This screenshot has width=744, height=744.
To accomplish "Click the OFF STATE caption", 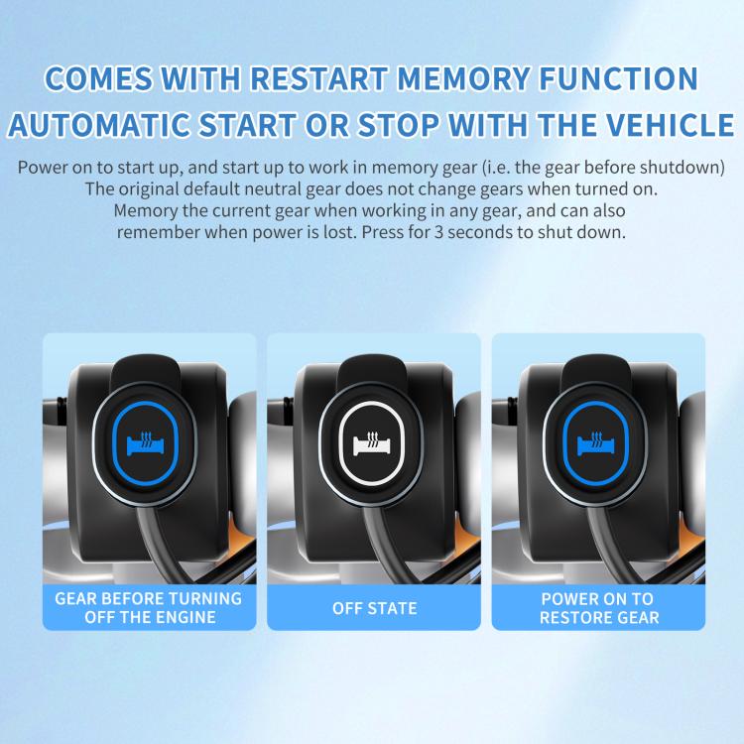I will tap(374, 607).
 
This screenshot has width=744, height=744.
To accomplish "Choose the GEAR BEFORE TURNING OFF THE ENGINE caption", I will tap(148, 607).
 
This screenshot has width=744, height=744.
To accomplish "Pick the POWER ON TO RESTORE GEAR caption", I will tap(597, 607).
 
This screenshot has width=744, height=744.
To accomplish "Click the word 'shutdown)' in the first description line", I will tap(685, 166).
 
